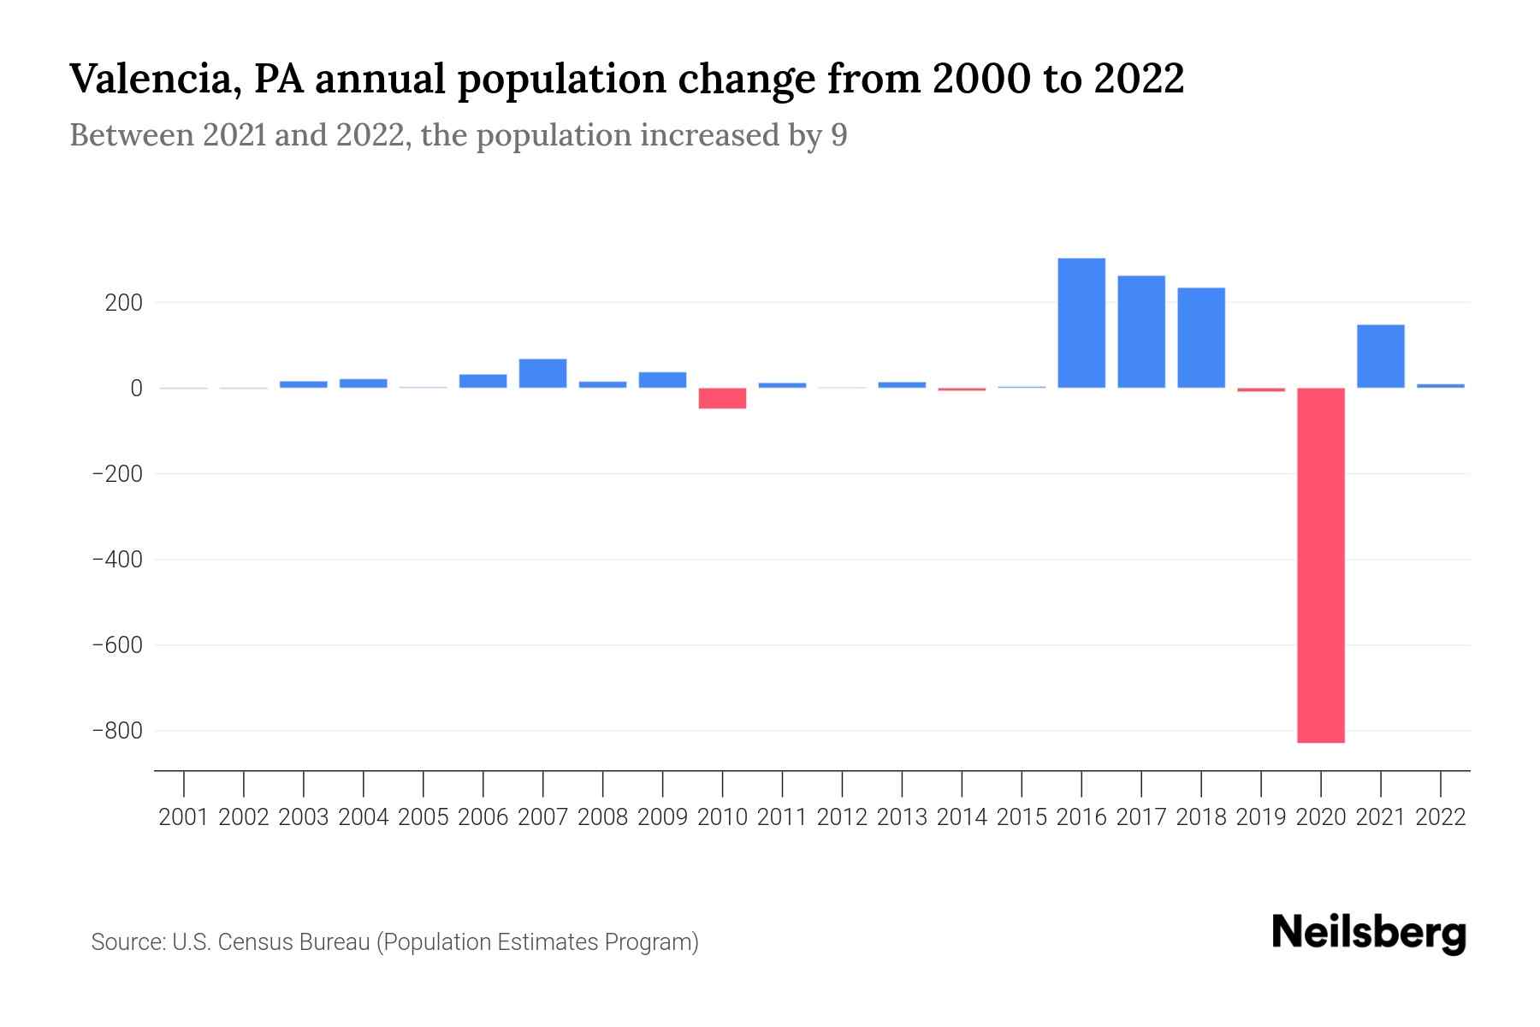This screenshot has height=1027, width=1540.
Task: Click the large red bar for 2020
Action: click(1321, 565)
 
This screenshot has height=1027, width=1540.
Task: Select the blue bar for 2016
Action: click(1081, 324)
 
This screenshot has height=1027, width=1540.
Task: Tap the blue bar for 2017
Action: click(1141, 332)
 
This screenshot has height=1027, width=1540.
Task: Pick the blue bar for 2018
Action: click(1201, 338)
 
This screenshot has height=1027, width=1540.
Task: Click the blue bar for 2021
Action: click(1381, 356)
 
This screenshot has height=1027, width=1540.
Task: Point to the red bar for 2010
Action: click(722, 398)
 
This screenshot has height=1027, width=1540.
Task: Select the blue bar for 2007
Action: click(542, 373)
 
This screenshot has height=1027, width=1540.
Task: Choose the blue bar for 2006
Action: click(483, 381)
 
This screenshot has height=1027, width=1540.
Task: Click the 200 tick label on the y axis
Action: click(125, 303)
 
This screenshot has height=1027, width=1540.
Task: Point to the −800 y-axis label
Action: click(117, 731)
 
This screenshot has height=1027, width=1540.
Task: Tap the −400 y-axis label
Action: click(117, 560)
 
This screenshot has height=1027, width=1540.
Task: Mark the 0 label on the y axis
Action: click(137, 389)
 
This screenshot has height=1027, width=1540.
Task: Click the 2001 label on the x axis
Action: click(184, 817)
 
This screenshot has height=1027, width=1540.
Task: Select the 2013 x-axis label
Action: click(902, 817)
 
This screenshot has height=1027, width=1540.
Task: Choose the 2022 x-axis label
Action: click(1441, 817)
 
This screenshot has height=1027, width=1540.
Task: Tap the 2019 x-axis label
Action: click(1261, 817)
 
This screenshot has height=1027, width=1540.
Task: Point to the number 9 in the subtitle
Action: click(838, 135)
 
